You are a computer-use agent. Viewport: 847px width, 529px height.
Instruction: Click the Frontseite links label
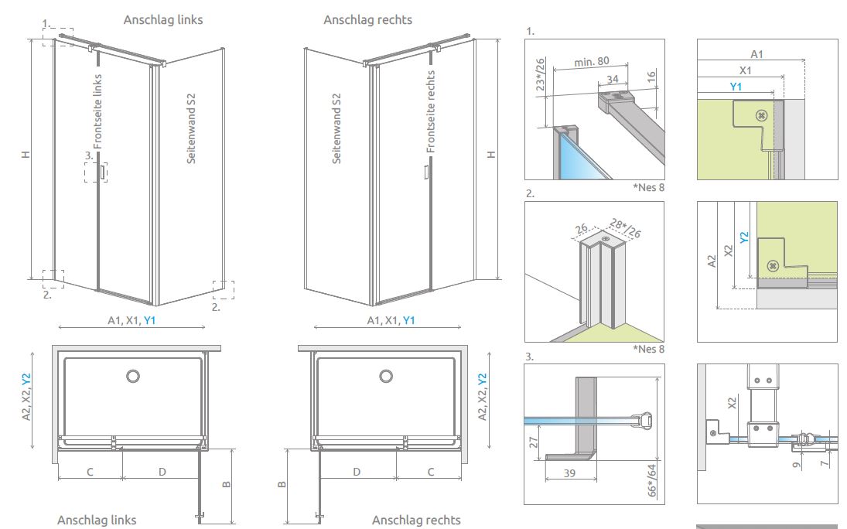98,111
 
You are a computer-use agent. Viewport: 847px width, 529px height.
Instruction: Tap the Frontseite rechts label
431,111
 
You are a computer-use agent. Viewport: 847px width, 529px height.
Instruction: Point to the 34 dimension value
613,78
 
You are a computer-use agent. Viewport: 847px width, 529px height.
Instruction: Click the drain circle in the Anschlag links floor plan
133,377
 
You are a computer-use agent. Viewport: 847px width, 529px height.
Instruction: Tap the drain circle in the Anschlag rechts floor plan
386,377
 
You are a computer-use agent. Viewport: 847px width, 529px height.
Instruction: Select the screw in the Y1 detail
762,115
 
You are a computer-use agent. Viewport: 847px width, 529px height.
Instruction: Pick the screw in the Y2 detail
772,266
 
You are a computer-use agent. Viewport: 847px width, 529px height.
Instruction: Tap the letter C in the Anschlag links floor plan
90,471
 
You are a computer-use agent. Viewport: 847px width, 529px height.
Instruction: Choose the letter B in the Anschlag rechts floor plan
282,485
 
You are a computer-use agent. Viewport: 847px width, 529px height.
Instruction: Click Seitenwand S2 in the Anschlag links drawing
191,128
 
